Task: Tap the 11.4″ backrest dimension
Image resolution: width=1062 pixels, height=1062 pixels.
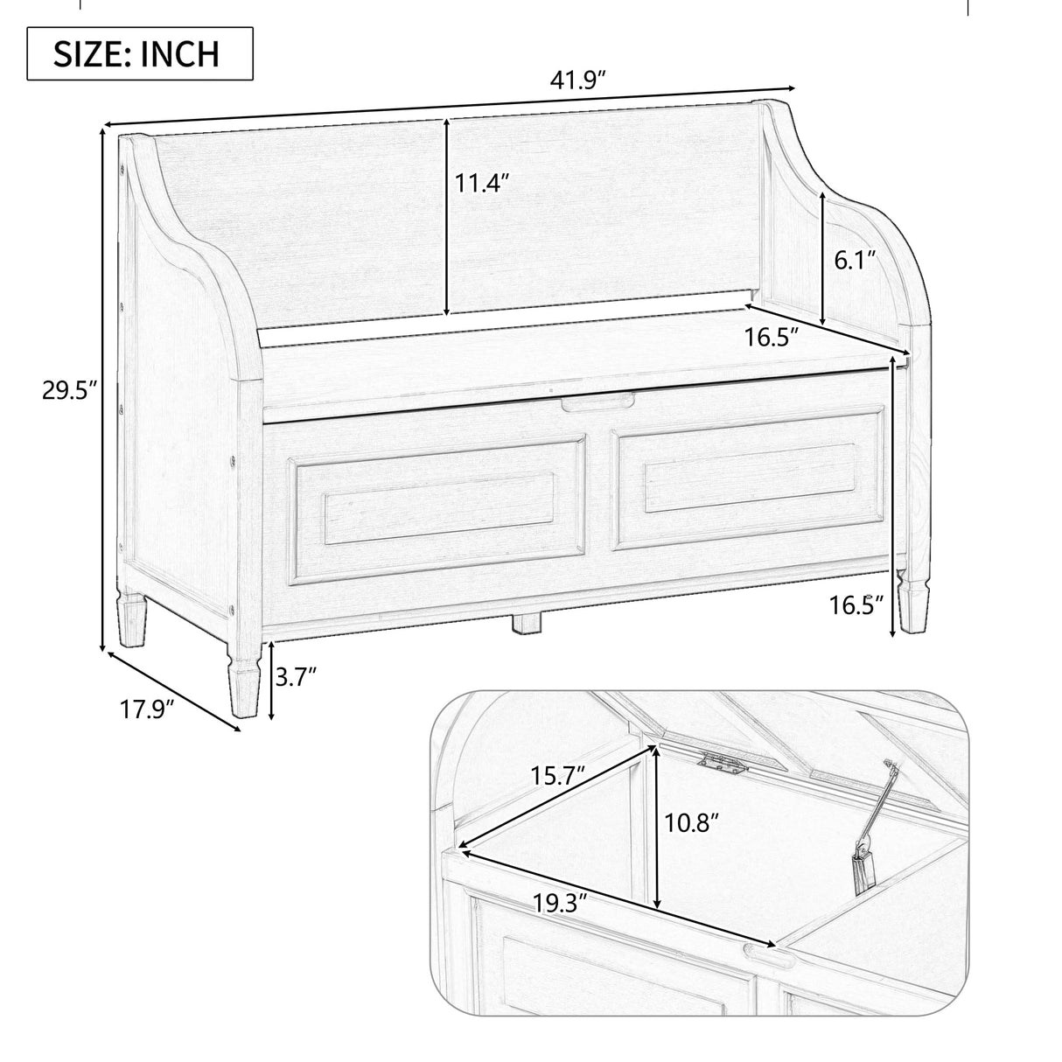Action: [x=480, y=185]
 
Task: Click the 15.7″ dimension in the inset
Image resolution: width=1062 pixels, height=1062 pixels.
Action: [x=556, y=776]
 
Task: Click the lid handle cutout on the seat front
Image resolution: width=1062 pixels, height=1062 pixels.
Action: [x=598, y=403]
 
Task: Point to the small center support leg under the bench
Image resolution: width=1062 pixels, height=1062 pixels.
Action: [x=526, y=623]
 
